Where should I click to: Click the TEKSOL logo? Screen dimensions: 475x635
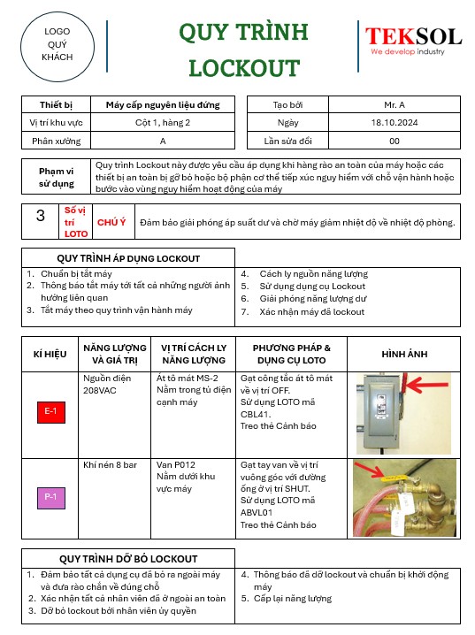[413, 41]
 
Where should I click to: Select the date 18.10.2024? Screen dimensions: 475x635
[395, 122]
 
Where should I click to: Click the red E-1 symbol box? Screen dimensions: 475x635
[51, 412]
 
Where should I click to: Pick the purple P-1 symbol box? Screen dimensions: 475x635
[51, 497]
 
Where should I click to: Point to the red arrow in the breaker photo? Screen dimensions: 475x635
[422, 385]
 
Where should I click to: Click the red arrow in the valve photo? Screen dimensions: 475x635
[370, 470]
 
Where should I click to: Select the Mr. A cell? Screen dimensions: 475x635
[395, 104]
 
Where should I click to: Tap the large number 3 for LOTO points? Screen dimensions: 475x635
[41, 216]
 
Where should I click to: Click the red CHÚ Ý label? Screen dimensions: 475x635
[111, 222]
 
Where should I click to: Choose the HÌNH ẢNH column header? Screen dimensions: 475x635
[404, 355]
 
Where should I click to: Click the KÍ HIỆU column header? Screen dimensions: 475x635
[50, 355]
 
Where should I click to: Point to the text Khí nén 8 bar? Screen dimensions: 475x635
[111, 465]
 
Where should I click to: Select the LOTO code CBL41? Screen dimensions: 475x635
[255, 414]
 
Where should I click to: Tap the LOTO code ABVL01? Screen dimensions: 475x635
[257, 513]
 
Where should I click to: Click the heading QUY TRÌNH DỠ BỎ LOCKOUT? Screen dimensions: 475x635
[128, 559]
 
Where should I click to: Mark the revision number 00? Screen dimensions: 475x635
[395, 141]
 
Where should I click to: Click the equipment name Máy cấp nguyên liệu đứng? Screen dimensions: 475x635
[163, 105]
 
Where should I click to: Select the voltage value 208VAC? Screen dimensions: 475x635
[100, 390]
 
